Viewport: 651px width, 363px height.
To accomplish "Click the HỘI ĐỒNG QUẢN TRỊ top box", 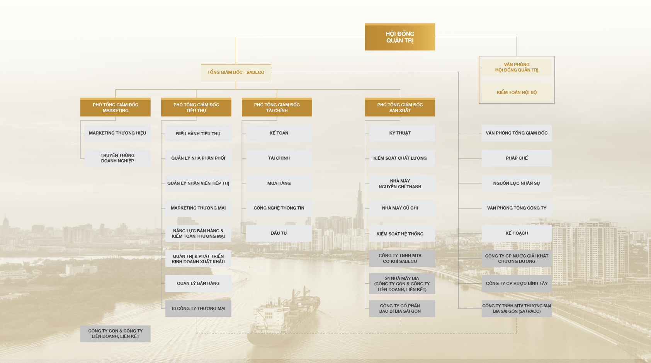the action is [x=400, y=37].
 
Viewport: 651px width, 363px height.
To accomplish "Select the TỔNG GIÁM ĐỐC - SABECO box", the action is [x=236, y=72].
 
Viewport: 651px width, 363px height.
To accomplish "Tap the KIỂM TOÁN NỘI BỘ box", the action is [x=517, y=92].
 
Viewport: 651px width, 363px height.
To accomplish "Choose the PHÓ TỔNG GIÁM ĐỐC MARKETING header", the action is [x=116, y=107].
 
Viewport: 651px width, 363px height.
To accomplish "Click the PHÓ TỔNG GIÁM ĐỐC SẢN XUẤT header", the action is [x=400, y=107].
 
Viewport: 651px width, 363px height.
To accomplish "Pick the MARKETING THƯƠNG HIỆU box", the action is [x=117, y=133].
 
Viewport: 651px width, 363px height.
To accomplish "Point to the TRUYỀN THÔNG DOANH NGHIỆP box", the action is [x=117, y=158].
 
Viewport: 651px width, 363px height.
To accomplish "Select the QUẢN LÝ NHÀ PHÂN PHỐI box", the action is [x=198, y=158].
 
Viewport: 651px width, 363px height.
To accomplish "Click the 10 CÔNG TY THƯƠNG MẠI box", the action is [x=198, y=308].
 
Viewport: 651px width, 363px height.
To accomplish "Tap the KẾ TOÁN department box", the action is [x=279, y=133].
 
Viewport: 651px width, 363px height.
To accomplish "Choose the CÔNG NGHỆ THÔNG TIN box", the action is [x=279, y=208].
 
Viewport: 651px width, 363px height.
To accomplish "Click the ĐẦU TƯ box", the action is [x=279, y=233].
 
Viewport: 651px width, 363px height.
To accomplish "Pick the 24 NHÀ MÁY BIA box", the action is [x=402, y=284].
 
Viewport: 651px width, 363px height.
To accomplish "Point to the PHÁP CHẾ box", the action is [x=517, y=158].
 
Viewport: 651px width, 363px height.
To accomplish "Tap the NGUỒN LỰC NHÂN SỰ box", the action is [x=517, y=183].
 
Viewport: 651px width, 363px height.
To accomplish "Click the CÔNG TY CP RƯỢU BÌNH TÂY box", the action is [x=517, y=284].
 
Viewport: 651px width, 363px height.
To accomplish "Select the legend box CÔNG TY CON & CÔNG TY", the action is [x=116, y=334].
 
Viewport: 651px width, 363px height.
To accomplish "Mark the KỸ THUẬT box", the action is [x=402, y=133].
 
